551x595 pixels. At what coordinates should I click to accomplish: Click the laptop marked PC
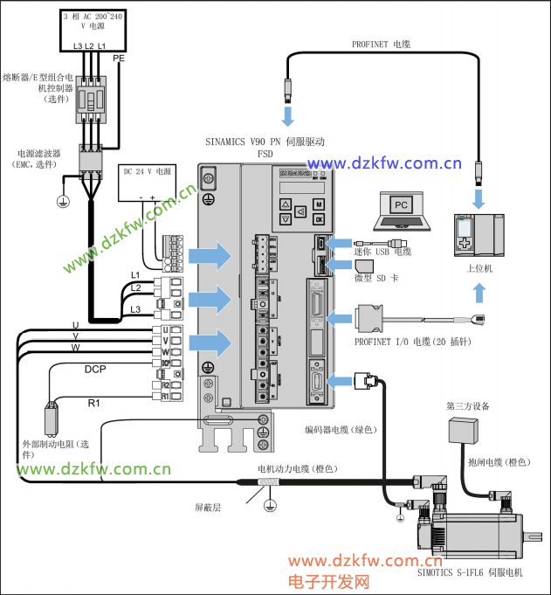400,210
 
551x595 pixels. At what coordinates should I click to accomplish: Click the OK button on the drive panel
319,218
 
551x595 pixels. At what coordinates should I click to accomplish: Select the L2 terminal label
135,287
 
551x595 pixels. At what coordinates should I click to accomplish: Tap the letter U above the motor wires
76,325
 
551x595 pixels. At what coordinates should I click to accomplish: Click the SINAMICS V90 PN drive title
265,142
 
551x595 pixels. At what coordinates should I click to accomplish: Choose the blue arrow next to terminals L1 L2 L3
210,298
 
